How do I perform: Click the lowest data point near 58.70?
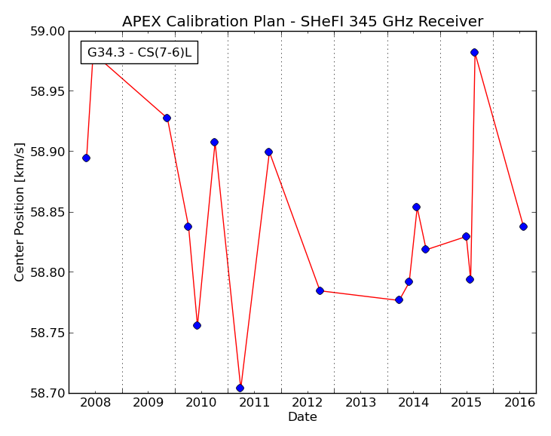(240, 388)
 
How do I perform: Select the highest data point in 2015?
(474, 52)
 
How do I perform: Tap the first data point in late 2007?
(86, 158)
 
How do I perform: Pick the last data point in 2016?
(523, 227)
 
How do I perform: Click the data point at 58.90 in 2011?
(268, 152)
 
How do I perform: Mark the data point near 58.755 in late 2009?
(197, 326)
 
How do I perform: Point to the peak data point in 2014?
(416, 207)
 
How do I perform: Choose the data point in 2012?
(320, 290)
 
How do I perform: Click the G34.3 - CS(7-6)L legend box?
(139, 52)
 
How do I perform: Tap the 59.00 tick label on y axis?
(47, 31)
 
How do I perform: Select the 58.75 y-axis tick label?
(47, 333)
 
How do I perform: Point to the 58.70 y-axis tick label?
(47, 393)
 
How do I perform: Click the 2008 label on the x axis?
(95, 403)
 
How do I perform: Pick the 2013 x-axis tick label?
(360, 403)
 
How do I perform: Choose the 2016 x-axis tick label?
(520, 403)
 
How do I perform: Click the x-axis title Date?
(302, 417)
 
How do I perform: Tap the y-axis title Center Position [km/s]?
(19, 212)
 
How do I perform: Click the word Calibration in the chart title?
(225, 21)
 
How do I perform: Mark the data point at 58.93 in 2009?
(167, 118)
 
